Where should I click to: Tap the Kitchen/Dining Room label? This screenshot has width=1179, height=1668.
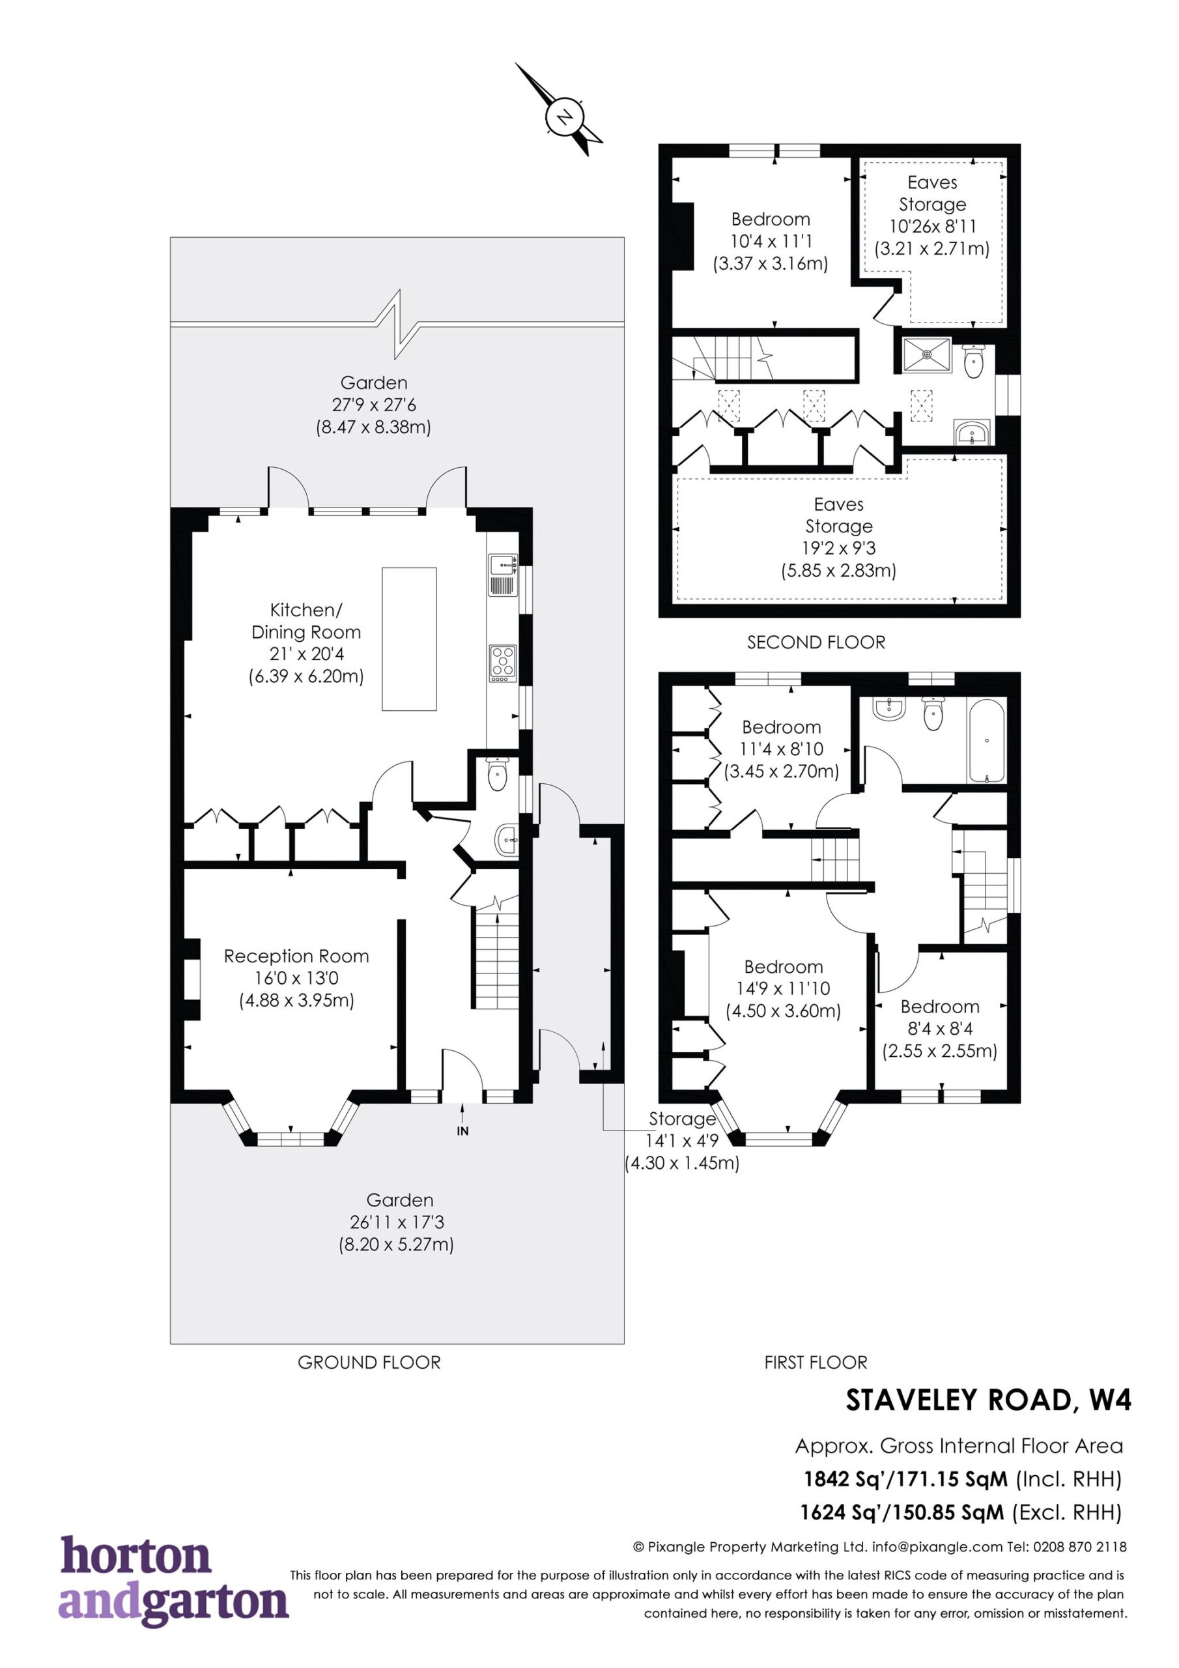pyautogui.click(x=306, y=620)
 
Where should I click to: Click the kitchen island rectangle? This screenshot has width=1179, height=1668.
pyautogui.click(x=409, y=639)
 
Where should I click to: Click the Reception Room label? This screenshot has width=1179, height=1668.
pyautogui.click(x=296, y=956)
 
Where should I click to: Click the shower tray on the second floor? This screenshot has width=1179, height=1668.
pyautogui.click(x=927, y=354)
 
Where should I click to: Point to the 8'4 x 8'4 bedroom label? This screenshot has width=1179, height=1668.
pyautogui.click(x=940, y=1028)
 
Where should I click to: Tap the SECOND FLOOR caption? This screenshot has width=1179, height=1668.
pyautogui.click(x=816, y=642)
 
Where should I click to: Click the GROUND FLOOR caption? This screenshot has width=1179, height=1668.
pyautogui.click(x=369, y=1362)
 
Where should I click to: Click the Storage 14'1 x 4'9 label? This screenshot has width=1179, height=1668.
pyautogui.click(x=682, y=1141)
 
